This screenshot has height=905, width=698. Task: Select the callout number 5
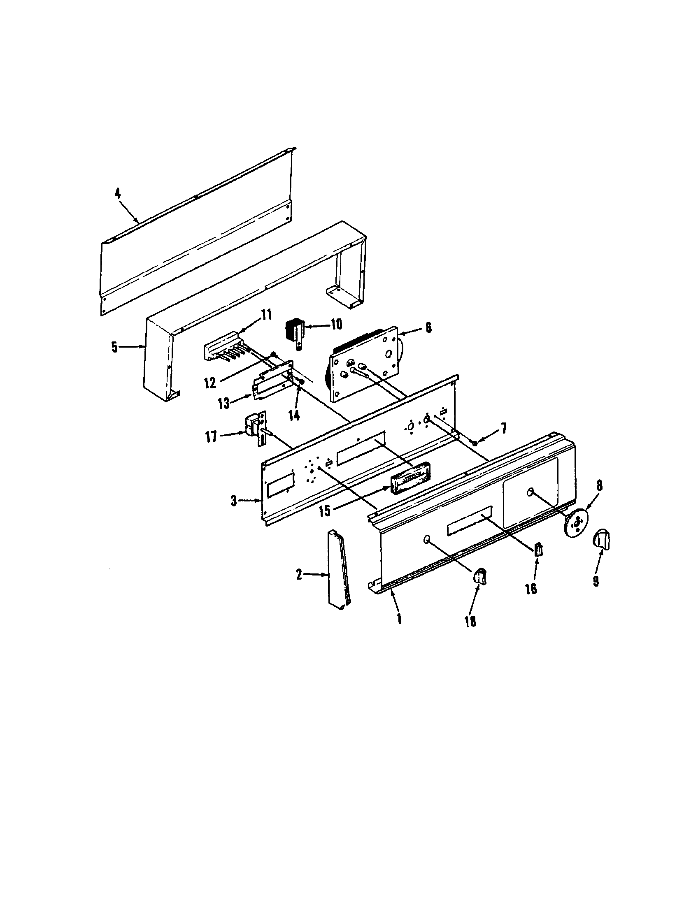(114, 347)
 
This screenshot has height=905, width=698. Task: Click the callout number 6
(428, 328)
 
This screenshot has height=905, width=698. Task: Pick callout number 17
(212, 436)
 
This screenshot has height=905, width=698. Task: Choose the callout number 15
(326, 511)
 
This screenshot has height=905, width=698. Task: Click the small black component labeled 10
(294, 332)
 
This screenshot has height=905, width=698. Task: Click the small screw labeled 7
(475, 443)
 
